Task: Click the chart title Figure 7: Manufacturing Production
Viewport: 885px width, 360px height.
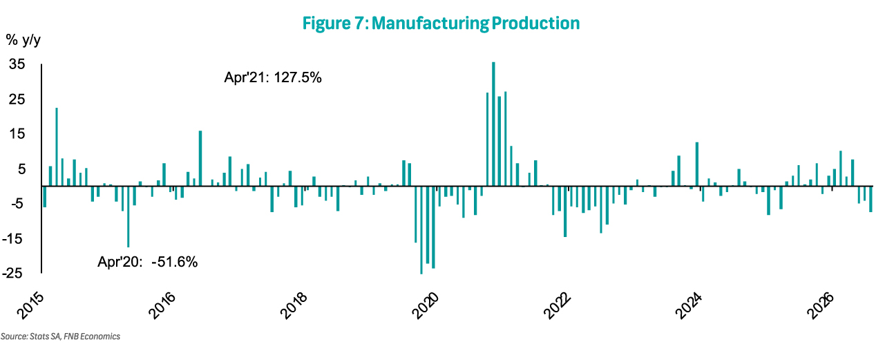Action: coord(441,23)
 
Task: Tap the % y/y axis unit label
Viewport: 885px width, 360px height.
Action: coord(23,40)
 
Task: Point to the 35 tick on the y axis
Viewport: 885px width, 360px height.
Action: coord(17,64)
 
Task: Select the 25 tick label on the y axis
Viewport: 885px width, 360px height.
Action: coord(17,100)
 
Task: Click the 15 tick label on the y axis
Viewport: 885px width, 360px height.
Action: coord(17,134)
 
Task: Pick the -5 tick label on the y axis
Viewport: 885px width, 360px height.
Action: coord(17,204)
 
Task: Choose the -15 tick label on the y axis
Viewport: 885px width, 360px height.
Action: coord(12,238)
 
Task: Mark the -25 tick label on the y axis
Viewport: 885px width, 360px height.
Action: coord(12,274)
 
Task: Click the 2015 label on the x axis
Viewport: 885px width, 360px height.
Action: coord(30,306)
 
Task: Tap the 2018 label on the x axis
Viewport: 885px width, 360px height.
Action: coord(294,306)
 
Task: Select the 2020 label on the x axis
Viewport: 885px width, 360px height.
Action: coord(426,306)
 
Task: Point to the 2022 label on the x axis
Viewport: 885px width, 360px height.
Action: coord(558,306)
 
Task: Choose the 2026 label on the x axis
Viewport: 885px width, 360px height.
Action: coord(821,306)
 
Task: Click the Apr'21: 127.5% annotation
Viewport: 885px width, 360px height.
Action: coord(273,77)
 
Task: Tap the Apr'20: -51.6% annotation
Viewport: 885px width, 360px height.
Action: coord(148,262)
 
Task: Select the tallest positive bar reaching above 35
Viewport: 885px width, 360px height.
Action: coord(493,124)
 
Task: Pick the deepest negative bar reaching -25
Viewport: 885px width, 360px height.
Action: coord(421,230)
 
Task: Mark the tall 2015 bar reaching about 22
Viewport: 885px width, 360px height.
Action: coord(57,147)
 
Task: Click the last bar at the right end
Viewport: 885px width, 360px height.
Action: coord(870,199)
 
